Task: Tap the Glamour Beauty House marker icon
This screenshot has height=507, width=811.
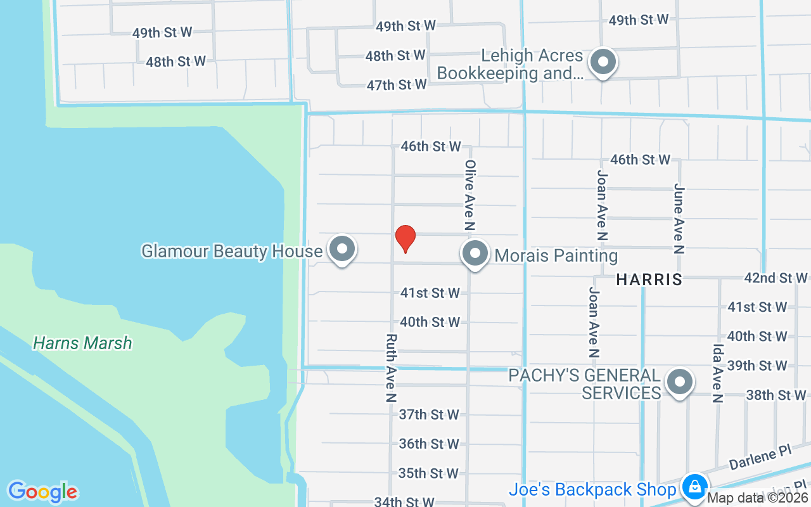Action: click(x=343, y=249)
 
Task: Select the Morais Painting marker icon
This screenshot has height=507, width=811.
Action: click(x=475, y=253)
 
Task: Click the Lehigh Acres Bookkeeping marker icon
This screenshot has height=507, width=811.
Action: click(x=603, y=62)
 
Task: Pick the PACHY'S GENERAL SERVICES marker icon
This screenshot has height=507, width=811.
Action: click(x=680, y=382)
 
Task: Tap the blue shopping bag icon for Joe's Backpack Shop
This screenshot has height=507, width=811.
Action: click(x=695, y=487)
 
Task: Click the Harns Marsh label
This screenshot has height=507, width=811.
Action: click(x=82, y=343)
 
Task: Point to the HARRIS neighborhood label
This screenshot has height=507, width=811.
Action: click(x=649, y=279)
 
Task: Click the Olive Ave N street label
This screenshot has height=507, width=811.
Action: click(x=470, y=195)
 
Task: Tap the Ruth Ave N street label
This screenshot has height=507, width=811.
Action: click(x=391, y=368)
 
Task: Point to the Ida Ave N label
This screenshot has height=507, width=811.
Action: click(x=718, y=373)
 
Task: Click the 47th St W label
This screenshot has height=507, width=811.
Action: click(x=397, y=85)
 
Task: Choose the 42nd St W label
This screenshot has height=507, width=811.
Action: click(x=776, y=278)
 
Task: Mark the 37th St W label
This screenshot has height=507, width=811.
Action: click(x=429, y=414)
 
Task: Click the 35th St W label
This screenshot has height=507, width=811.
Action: click(x=429, y=473)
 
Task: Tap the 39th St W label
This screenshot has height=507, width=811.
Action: click(x=757, y=366)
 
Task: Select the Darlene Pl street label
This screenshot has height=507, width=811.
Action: click(x=760, y=457)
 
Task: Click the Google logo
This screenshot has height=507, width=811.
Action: click(x=42, y=492)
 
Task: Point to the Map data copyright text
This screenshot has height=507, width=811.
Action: click(x=758, y=498)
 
